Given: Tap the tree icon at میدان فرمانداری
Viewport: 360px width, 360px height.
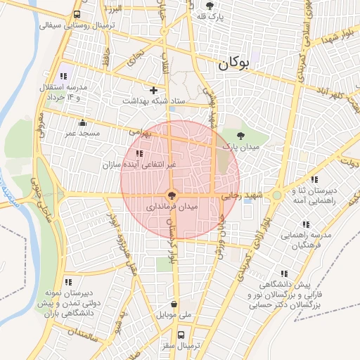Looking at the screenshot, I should [172, 196].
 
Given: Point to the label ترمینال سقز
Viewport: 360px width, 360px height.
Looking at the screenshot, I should [180, 347].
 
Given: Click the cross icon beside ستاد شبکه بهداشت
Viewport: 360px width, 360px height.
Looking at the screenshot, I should [153, 90].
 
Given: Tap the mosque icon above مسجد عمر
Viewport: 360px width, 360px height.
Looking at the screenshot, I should [84, 122].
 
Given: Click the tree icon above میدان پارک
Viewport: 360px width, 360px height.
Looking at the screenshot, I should [241, 135].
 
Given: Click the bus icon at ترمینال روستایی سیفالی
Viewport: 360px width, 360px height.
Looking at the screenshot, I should [77, 14].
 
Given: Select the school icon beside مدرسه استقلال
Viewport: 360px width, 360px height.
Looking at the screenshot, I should [63, 76].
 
